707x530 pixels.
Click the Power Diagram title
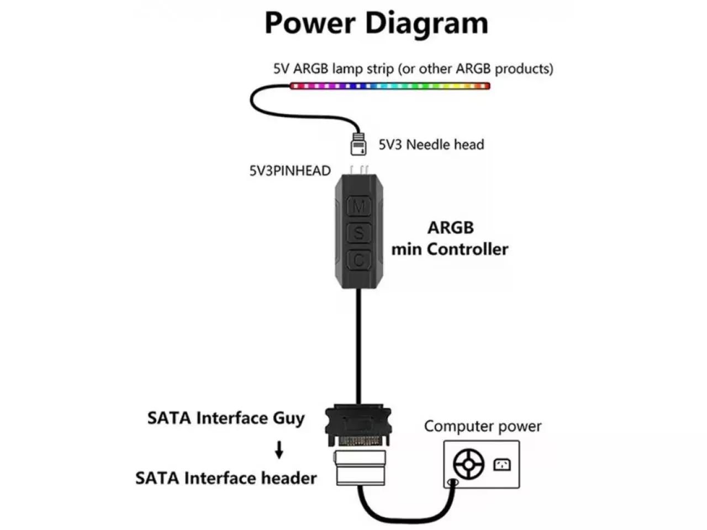pyautogui.click(x=376, y=23)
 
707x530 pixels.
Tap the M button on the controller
pyautogui.click(x=358, y=207)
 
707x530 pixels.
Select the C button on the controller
pyautogui.click(x=358, y=259)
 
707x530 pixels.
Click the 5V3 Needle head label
pyautogui.click(x=431, y=145)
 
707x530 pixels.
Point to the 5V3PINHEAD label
pyautogui.click(x=290, y=171)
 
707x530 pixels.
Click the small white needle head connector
pyautogui.click(x=358, y=145)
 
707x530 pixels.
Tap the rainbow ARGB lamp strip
pyautogui.click(x=390, y=86)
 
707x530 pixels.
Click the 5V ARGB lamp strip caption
pyautogui.click(x=413, y=69)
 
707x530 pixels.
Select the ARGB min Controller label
pyautogui.click(x=450, y=239)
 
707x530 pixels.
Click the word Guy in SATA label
pyautogui.click(x=289, y=418)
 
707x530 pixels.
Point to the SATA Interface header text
pyautogui.click(x=226, y=478)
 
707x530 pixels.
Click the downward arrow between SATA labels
pyautogui.click(x=279, y=450)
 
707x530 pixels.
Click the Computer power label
pyautogui.click(x=482, y=426)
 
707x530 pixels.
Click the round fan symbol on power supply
pyautogui.click(x=468, y=464)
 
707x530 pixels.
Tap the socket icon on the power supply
pyautogui.click(x=502, y=464)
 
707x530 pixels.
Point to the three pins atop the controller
pyautogui.click(x=358, y=169)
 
